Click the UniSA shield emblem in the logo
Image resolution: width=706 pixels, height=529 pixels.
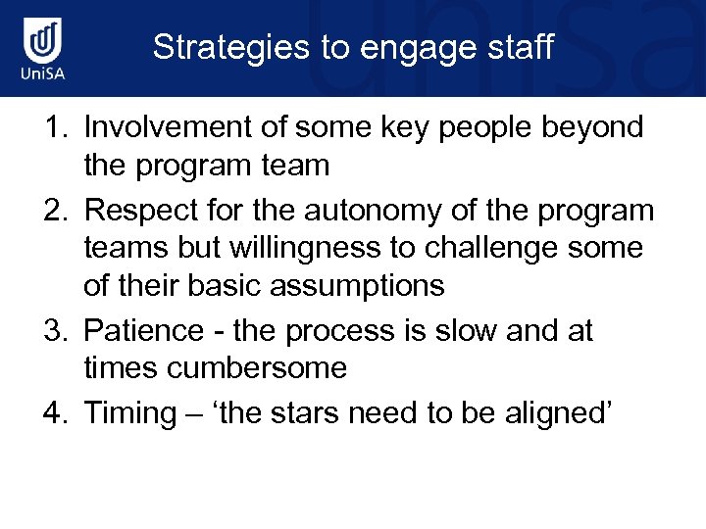pos(43,40)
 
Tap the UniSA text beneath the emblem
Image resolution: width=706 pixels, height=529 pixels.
pos(43,76)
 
